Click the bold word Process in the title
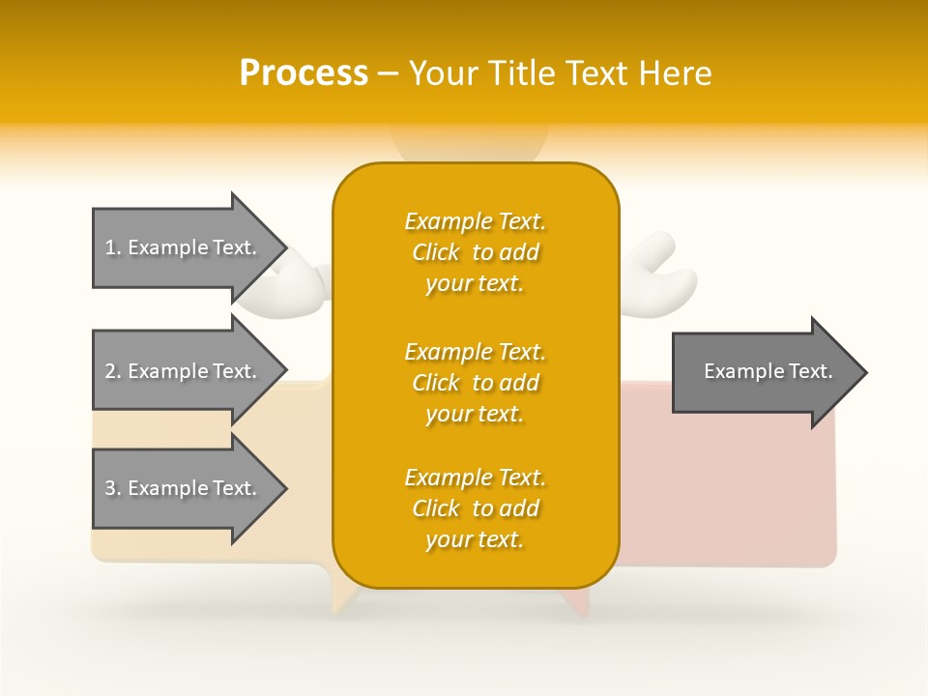pos(304,73)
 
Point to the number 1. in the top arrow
pos(113,247)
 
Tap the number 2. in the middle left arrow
pos(113,371)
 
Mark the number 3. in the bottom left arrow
pos(113,488)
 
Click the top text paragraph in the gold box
pos(475,252)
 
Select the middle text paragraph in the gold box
pos(475,383)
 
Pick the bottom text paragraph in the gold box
pos(475,508)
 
